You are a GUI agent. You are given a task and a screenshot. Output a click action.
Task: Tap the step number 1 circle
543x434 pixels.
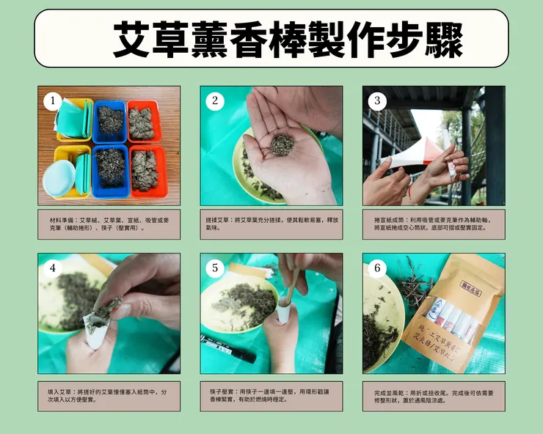(52, 101)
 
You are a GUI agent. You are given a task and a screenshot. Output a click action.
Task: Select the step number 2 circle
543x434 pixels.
(215, 101)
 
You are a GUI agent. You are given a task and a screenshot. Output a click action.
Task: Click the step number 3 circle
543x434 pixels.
(377, 101)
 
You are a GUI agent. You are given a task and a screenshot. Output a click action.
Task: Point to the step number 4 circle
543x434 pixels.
(52, 268)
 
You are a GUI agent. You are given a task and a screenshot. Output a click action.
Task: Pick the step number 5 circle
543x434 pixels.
(215, 268)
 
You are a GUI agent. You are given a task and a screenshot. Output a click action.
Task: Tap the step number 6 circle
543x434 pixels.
(377, 268)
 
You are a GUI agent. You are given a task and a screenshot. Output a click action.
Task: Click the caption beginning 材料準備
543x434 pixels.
(109, 224)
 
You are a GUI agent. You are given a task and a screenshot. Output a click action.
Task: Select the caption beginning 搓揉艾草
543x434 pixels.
(271, 224)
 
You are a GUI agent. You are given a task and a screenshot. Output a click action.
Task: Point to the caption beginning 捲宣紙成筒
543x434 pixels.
(434, 224)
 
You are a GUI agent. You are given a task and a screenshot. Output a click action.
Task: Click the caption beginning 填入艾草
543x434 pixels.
(109, 396)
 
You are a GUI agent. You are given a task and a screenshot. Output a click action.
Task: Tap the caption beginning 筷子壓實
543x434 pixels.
(271, 396)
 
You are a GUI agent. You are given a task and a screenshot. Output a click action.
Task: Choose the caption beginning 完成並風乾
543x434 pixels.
(434, 396)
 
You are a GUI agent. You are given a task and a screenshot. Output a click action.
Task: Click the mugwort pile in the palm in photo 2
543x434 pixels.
(280, 144)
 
